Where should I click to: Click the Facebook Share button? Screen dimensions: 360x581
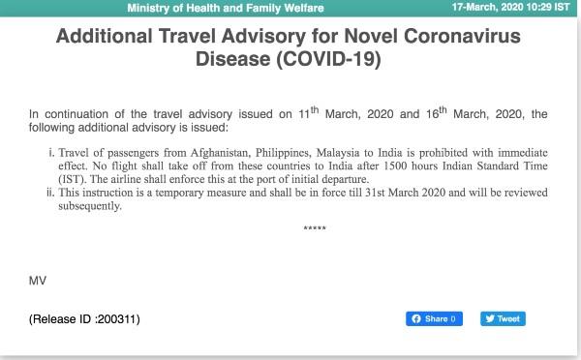pos(434,318)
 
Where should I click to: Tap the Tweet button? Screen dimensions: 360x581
pos(503,318)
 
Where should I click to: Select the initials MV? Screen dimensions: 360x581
pos(37,281)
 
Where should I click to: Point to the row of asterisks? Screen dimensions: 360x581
pos(315,229)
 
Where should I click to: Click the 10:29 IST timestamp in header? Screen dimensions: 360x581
pos(549,8)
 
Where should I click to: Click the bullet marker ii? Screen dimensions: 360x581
pos(49,193)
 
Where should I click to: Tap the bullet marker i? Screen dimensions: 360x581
pos(51,154)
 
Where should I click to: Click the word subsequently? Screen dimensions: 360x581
pos(90,205)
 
